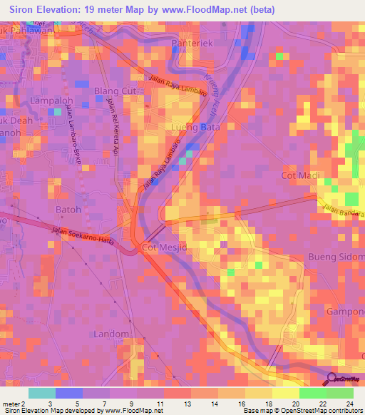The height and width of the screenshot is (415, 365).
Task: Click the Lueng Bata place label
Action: pos(195,127)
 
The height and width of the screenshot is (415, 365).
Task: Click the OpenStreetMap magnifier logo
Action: pos(331,379)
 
